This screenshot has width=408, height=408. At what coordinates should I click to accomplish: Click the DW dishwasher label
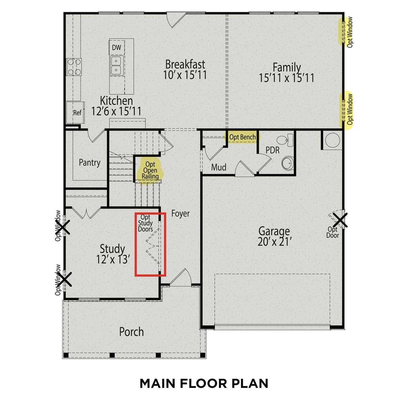click(x=116, y=48)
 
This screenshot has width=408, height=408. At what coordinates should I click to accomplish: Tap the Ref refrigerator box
click(x=77, y=113)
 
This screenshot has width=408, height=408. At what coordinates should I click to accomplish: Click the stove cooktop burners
click(x=74, y=67)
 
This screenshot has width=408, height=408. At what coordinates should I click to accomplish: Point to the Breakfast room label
click(x=185, y=64)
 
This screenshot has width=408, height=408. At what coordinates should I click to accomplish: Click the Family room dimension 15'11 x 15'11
click(x=286, y=78)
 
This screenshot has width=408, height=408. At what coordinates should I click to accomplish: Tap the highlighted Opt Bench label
click(x=242, y=137)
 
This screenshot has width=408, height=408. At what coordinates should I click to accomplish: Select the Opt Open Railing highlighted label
click(x=150, y=170)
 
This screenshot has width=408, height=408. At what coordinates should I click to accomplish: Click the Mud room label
click(x=219, y=167)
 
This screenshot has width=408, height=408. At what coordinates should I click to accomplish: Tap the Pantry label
click(x=89, y=163)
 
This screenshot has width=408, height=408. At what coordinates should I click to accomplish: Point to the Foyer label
click(x=180, y=214)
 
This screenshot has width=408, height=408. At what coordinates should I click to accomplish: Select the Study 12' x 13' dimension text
click(x=112, y=260)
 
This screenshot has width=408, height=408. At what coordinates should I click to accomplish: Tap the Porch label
click(x=131, y=332)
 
